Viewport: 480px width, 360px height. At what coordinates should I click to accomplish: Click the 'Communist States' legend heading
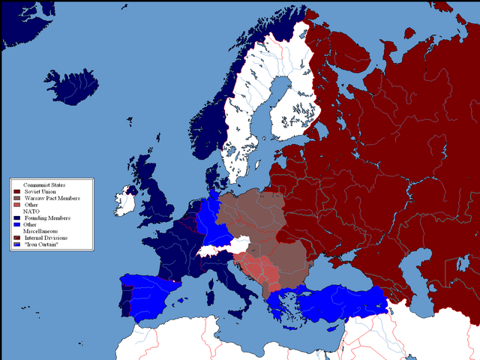44,184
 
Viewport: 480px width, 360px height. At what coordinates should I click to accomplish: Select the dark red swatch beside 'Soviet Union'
16,191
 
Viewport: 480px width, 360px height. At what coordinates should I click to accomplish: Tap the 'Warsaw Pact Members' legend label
53,198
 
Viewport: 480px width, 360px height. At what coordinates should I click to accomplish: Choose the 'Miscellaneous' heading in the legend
40,232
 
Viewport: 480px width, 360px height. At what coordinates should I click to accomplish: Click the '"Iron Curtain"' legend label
43,245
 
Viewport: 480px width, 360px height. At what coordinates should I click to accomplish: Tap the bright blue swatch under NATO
16,225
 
